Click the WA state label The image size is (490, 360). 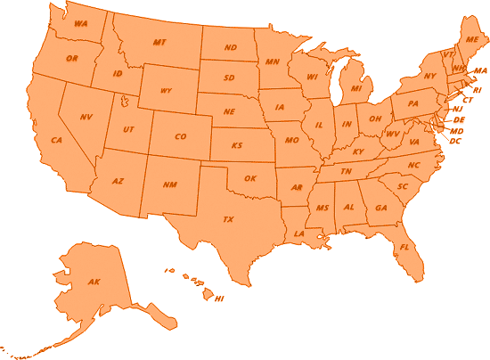coord(80,23)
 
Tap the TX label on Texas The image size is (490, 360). coord(227,218)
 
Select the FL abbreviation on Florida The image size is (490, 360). coord(404,247)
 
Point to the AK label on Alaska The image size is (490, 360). coord(94,282)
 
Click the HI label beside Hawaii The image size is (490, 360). coord(219,299)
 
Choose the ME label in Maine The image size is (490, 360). coord(470,40)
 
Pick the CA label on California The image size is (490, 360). coord(56,141)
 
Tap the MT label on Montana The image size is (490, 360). coord(159,42)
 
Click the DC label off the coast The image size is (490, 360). coord(455,141)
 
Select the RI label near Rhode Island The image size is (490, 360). coord(477,90)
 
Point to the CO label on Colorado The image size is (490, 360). coord(181,136)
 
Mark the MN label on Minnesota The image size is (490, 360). coord(272,61)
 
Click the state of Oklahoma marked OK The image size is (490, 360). coord(250,178)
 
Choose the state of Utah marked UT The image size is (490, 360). coord(129,129)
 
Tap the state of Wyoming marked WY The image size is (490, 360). coord(167,91)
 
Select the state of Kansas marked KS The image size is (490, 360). coord(238,144)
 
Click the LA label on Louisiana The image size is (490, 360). coord(299,233)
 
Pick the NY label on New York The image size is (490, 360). coord(429,76)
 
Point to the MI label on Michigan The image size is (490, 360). coord(355,89)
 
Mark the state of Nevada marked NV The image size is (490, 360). coord(86,117)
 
